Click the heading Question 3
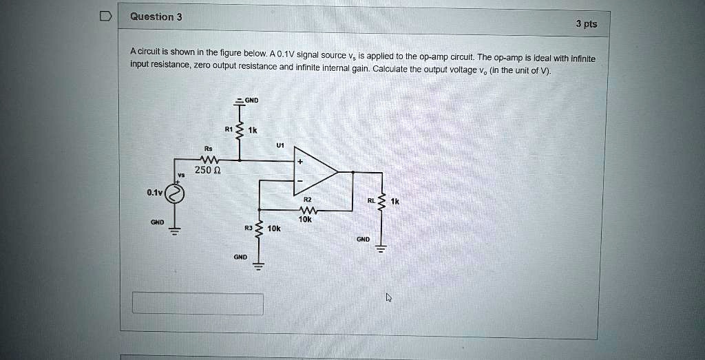[x=156, y=17]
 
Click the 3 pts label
[x=587, y=24]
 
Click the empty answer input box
[x=198, y=304]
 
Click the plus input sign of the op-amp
[x=300, y=162]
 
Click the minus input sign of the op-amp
[x=300, y=181]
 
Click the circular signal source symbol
[x=176, y=195]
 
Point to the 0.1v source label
[x=154, y=193]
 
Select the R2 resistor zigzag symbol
[x=306, y=211]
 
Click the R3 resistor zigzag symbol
[x=259, y=229]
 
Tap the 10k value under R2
[x=305, y=220]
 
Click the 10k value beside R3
[x=274, y=228]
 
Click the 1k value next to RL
[x=394, y=202]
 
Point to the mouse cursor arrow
[x=389, y=297]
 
